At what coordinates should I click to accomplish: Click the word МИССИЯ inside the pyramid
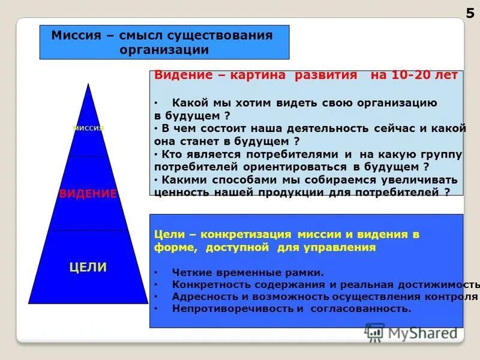88,128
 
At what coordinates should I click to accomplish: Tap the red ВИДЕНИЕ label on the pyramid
88,193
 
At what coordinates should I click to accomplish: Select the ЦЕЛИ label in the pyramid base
88,268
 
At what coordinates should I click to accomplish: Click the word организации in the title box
164,49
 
